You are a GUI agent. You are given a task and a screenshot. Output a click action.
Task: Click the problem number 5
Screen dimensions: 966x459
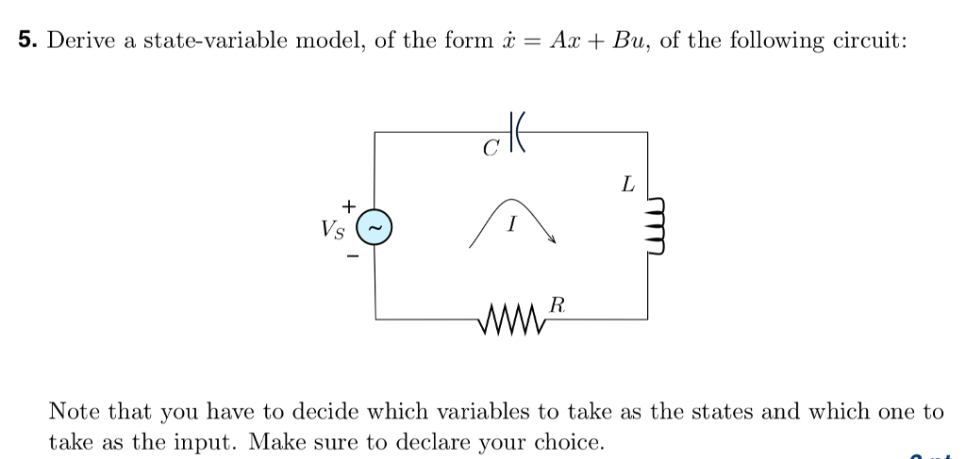pos(26,41)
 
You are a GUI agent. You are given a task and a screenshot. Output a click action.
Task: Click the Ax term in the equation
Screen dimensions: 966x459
pos(569,41)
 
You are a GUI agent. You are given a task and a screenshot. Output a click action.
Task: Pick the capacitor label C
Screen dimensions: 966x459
pos(489,149)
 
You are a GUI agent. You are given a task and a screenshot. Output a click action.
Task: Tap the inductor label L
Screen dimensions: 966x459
pos(627,185)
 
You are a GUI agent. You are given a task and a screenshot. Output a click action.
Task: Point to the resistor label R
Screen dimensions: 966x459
pos(558,304)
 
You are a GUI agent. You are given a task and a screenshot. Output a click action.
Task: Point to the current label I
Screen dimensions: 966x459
pos(510,225)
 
